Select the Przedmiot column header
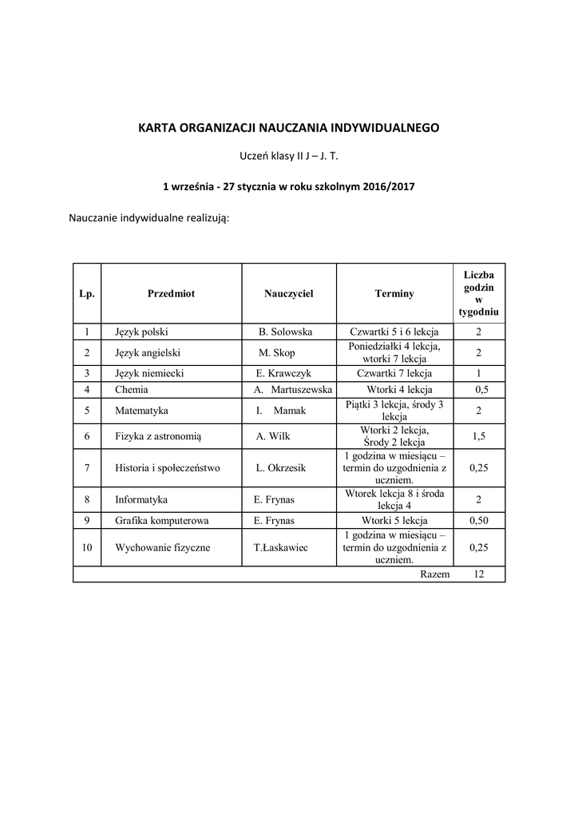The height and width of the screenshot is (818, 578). (x=171, y=293)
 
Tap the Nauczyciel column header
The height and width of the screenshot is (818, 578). (x=288, y=293)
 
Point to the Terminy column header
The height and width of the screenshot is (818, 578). (x=394, y=293)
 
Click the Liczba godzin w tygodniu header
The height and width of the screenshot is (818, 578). (x=479, y=293)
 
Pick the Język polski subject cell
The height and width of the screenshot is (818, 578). (x=141, y=332)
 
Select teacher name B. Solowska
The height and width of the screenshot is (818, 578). (x=285, y=332)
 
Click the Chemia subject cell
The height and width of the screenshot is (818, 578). (x=132, y=390)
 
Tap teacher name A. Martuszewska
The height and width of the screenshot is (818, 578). (x=292, y=390)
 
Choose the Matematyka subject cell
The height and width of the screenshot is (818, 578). (x=141, y=411)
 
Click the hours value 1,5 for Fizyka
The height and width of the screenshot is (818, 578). (x=479, y=436)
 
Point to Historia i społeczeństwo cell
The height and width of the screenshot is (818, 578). (x=167, y=468)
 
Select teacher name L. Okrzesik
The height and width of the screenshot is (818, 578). (x=281, y=468)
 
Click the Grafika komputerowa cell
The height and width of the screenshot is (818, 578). (x=162, y=521)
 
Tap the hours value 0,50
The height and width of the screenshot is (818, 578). (x=479, y=521)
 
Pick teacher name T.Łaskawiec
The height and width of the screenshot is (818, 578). (x=281, y=548)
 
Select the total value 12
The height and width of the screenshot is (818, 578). (x=479, y=574)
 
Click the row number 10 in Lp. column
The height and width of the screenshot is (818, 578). (x=87, y=548)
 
